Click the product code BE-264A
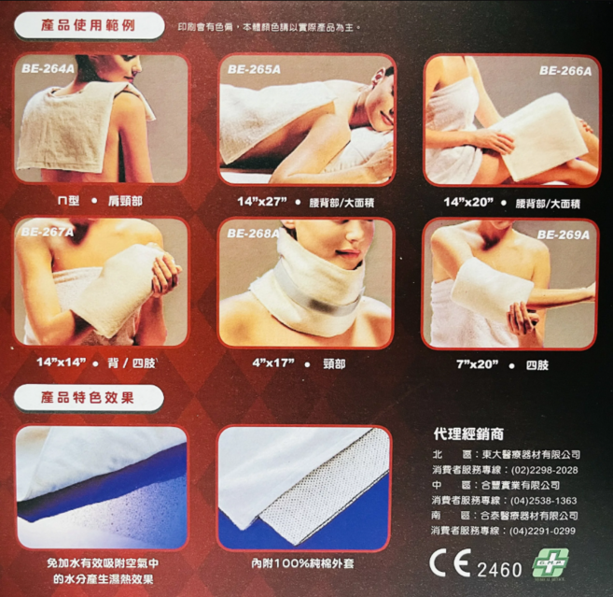click(47, 67)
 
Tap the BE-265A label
click(254, 68)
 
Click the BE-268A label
click(254, 234)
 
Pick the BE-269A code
click(564, 235)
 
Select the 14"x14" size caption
click(61, 361)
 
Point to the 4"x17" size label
click(272, 361)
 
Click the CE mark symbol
click(451, 566)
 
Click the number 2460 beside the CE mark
click(499, 569)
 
